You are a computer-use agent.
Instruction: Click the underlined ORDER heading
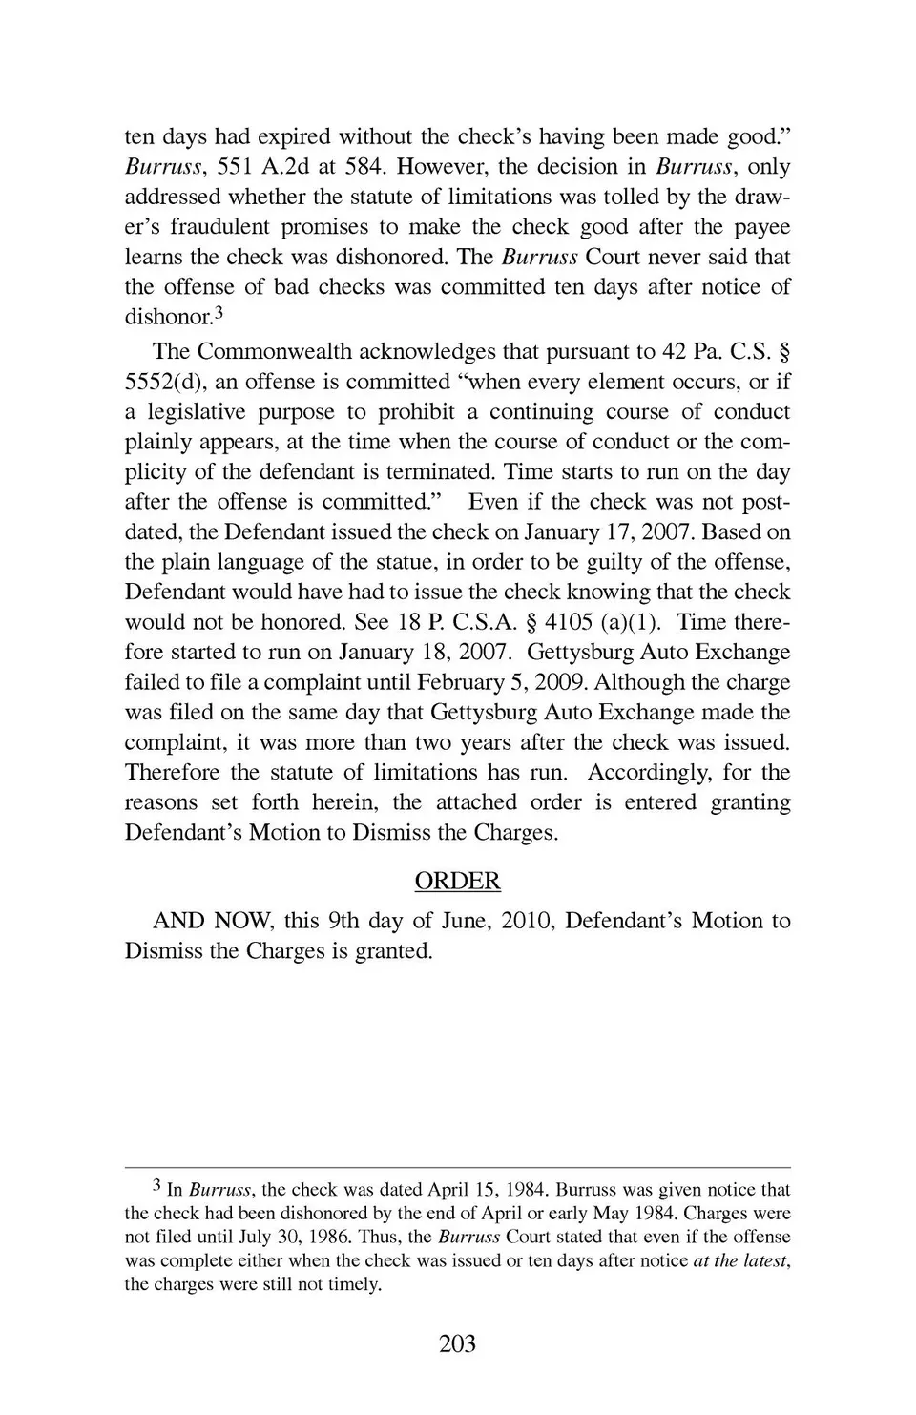click(458, 881)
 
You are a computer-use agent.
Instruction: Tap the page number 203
click(458, 1344)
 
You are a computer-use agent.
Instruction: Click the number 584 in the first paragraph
click(363, 167)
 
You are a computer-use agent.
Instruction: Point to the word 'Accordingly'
click(648, 772)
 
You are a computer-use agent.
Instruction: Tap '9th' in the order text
click(343, 921)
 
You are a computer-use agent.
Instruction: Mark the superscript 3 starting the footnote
click(157, 1187)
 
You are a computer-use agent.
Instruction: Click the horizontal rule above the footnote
click(458, 1167)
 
